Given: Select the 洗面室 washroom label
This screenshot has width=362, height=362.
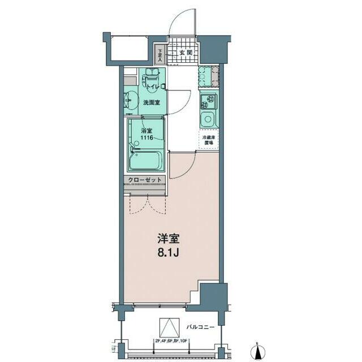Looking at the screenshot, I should tap(151, 102).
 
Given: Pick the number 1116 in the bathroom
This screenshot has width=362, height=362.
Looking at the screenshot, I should tap(147, 137).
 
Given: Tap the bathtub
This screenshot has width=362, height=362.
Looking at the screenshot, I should tap(146, 160).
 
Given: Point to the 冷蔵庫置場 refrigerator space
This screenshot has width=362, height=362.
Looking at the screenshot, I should tap(209, 140).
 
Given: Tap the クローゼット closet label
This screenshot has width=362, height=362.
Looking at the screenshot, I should tap(145, 180).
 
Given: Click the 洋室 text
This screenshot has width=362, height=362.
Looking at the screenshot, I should tap(169, 238).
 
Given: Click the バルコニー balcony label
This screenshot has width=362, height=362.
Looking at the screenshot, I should tap(201, 327).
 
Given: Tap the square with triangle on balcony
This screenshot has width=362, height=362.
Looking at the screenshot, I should tap(168, 327).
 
